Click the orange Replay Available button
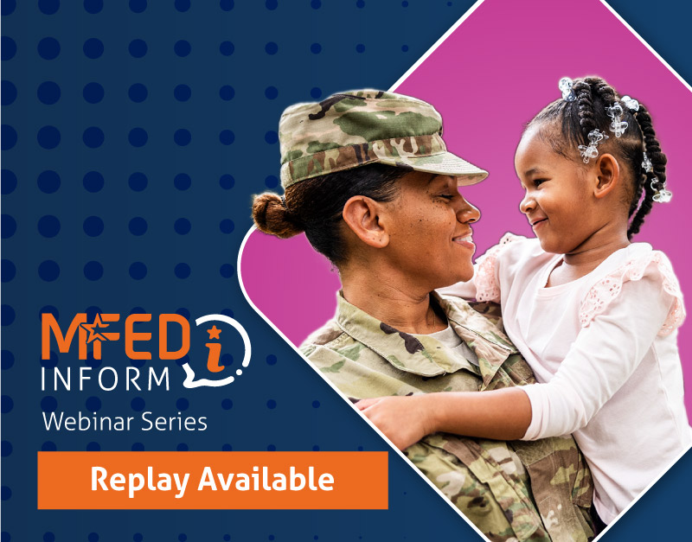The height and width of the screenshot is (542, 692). (x=212, y=480)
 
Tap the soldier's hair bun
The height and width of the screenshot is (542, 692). (x=274, y=214)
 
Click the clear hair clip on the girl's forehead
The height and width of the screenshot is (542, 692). (x=593, y=143)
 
